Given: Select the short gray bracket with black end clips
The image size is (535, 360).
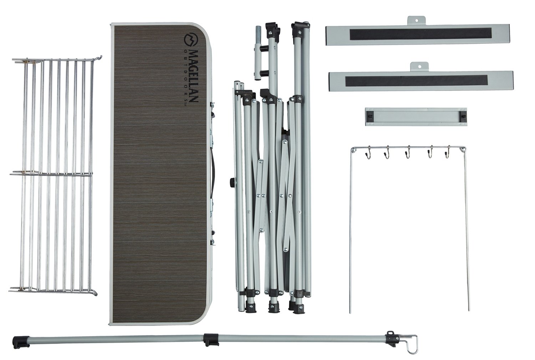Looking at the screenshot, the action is (416, 117).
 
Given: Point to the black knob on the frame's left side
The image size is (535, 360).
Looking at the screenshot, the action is (232, 182).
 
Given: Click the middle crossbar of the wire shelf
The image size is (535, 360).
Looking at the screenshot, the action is (51, 175).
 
